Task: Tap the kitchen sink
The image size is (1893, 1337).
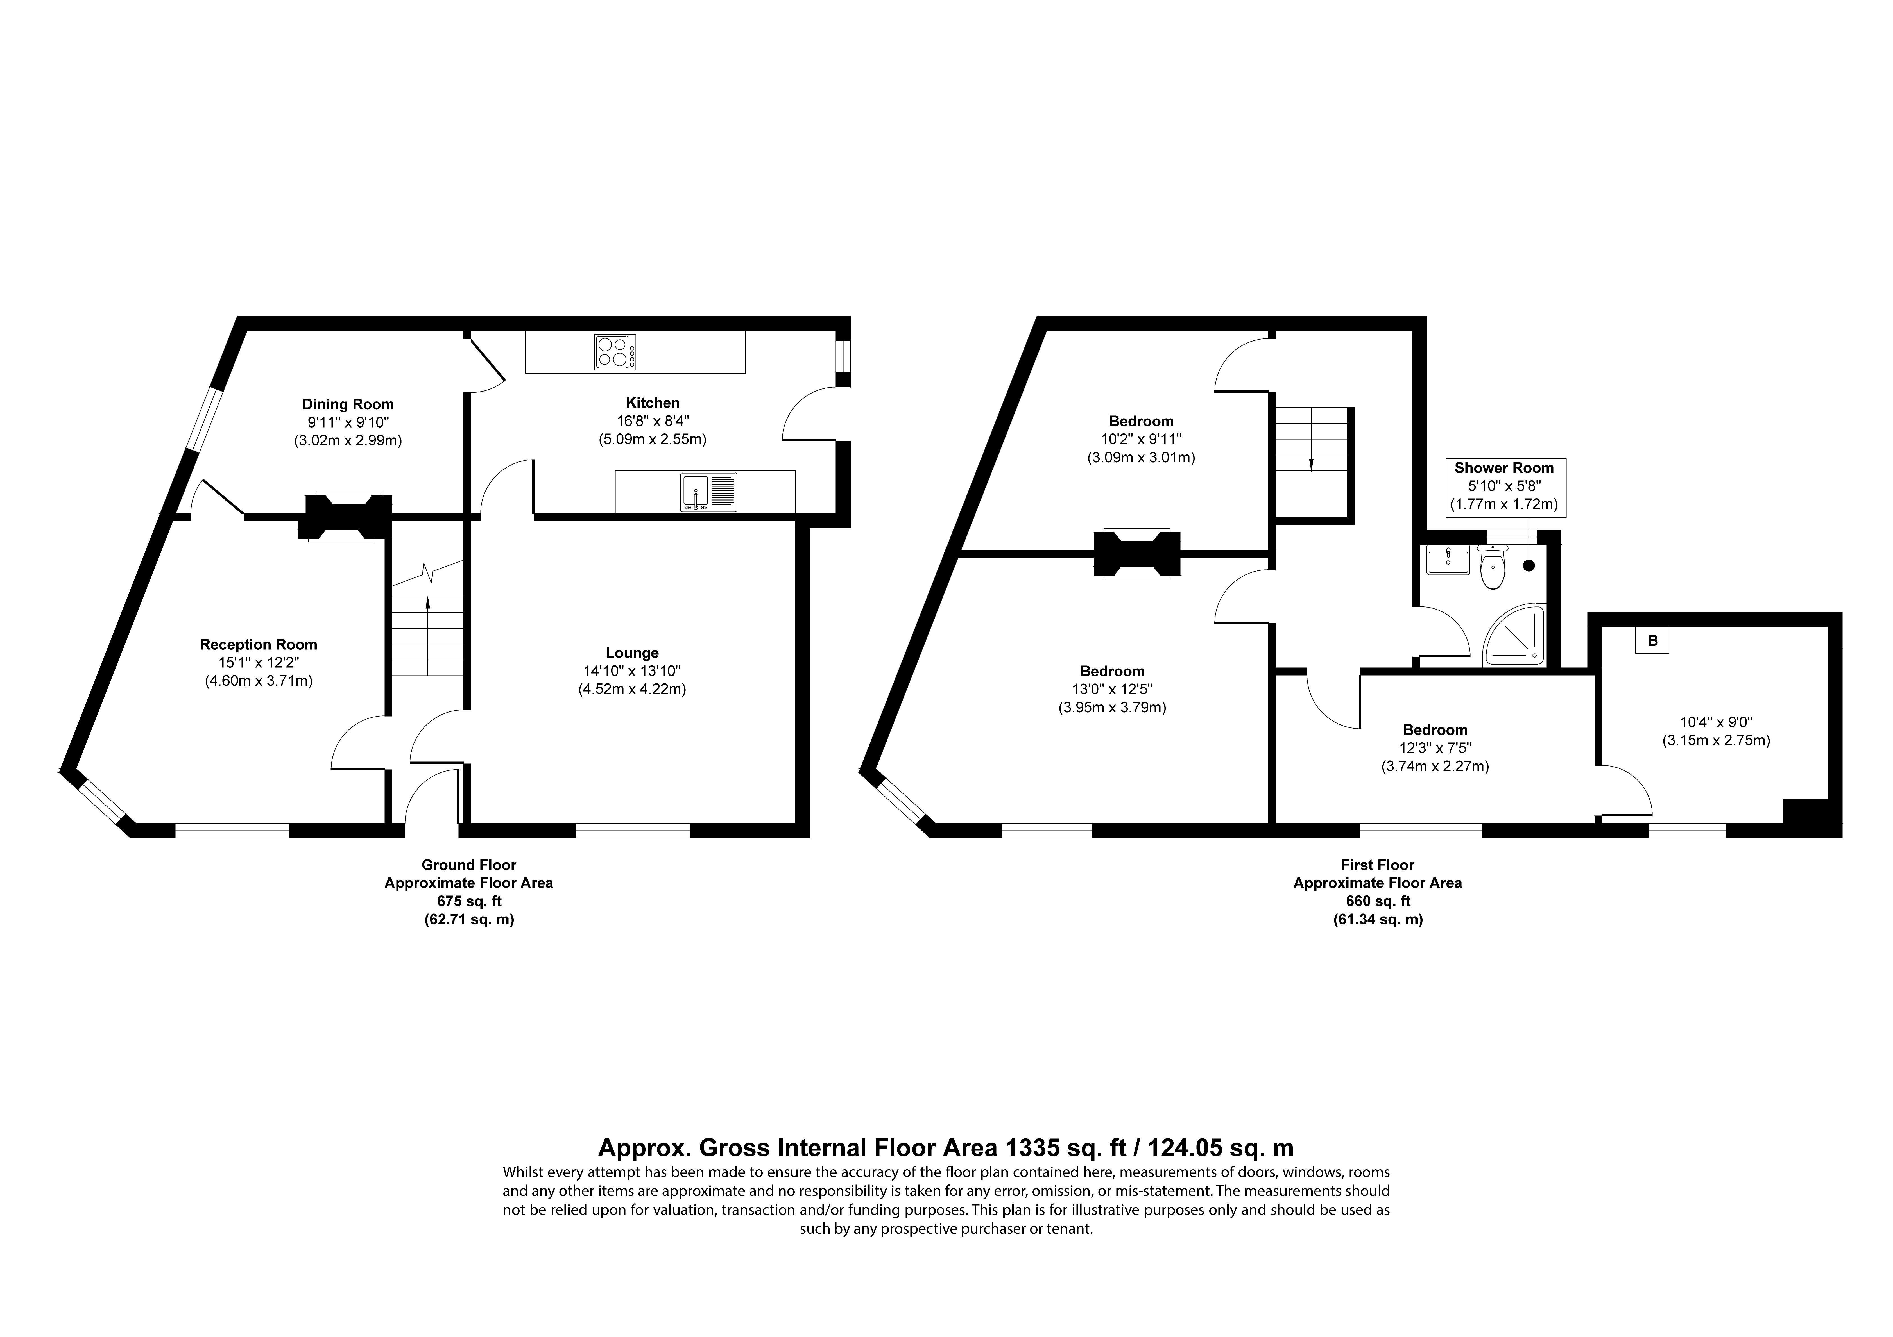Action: (709, 492)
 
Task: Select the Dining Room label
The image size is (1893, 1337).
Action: (348, 404)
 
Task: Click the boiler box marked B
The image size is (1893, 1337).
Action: (1652, 640)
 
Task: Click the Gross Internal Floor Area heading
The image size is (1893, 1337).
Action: (946, 1147)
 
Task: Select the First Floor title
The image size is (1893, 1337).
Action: (1378, 865)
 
